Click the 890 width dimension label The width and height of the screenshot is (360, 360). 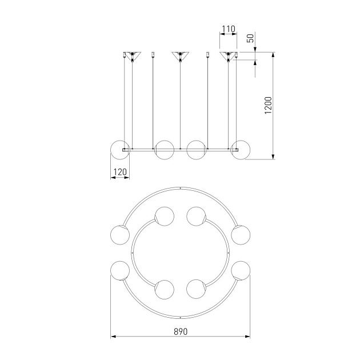(x=181, y=331)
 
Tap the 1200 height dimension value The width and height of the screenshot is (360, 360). (x=268, y=105)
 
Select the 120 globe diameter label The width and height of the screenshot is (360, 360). (x=120, y=172)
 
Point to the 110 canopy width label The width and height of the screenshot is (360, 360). (x=229, y=29)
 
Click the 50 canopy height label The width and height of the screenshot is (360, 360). (x=250, y=38)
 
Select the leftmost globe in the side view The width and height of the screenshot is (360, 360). (x=120, y=150)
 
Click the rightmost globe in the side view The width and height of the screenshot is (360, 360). (x=241, y=150)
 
